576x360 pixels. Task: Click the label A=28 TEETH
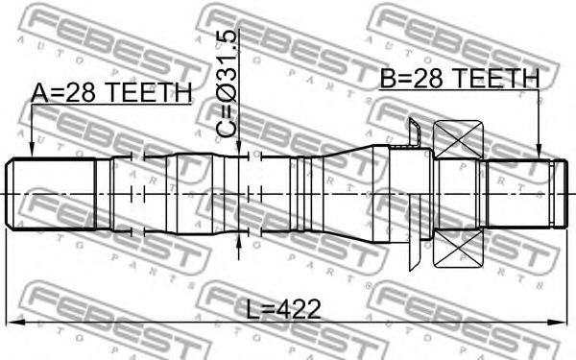(x=111, y=92)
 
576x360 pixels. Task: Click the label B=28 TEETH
(x=460, y=79)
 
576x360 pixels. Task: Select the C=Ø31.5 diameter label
(x=226, y=84)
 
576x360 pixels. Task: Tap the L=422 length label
(x=283, y=309)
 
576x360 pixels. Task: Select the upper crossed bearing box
(x=458, y=139)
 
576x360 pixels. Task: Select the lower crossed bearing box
(x=458, y=248)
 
